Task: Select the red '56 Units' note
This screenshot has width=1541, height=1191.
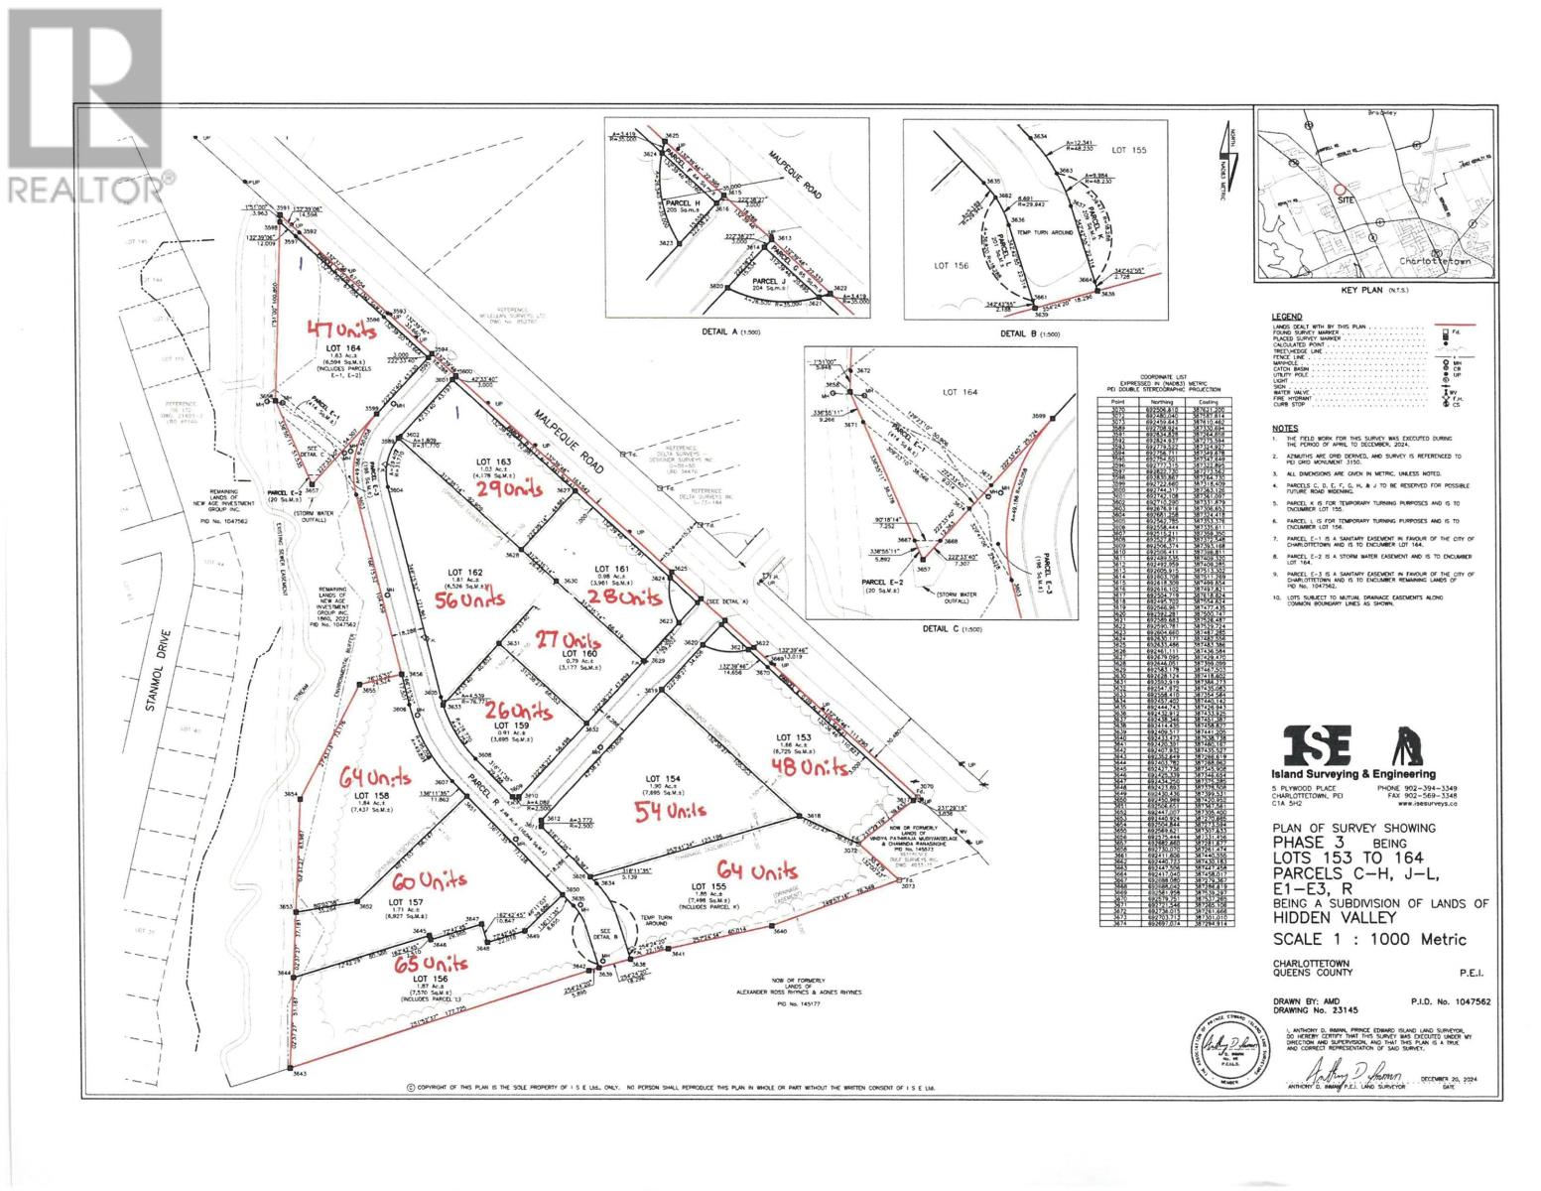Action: pos(472,599)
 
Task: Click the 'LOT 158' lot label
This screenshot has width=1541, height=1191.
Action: pos(372,796)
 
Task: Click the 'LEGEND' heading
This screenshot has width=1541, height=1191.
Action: pos(1287,317)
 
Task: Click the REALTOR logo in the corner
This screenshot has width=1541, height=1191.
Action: pos(85,103)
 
